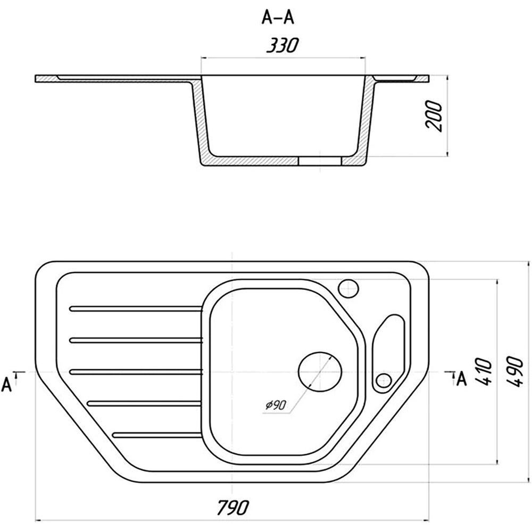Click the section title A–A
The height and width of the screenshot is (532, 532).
pyautogui.click(x=278, y=18)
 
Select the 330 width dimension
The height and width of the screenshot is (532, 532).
pyautogui.click(x=282, y=45)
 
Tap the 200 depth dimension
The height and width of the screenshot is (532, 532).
pyautogui.click(x=434, y=115)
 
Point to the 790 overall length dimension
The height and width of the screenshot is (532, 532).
pyautogui.click(x=233, y=507)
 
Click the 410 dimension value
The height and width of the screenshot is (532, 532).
pyautogui.click(x=483, y=371)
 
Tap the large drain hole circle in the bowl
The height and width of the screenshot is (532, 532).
pyautogui.click(x=320, y=372)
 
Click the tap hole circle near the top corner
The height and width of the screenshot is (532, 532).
pyautogui.click(x=348, y=288)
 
